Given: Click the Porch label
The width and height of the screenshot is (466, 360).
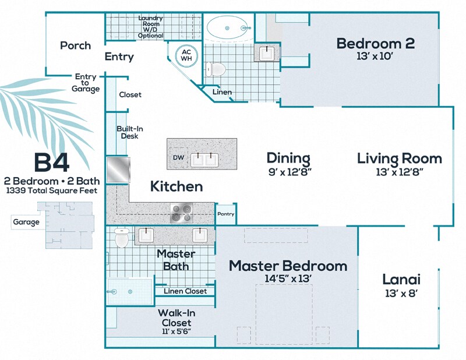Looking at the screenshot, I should tap(76, 45).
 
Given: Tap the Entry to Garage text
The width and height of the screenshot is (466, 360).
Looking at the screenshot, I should tap(86, 83).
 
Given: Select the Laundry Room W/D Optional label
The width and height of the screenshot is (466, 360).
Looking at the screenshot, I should tap(150, 27).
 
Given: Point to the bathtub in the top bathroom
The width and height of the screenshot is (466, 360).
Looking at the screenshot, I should tap(228, 26).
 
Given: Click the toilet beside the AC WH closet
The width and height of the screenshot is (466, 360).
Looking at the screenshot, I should tap(216, 69).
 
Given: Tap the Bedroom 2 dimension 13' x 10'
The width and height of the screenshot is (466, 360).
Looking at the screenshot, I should tap(376, 57).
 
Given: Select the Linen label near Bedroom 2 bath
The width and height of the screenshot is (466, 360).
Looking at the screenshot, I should tap(222, 92).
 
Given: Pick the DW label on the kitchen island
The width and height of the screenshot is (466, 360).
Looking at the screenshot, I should tap(178, 157).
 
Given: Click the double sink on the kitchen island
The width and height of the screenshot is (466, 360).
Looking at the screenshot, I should tap(205, 158).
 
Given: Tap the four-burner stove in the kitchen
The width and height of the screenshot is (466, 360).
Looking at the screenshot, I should tap(182, 212).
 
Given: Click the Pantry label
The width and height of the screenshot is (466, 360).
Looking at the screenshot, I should tap(225, 214).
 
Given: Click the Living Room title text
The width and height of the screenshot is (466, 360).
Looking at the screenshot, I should tap(399, 158).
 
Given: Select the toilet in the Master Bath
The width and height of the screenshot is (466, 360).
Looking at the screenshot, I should tap(121, 238).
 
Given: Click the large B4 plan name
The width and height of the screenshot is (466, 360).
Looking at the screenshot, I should tap(51, 162).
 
